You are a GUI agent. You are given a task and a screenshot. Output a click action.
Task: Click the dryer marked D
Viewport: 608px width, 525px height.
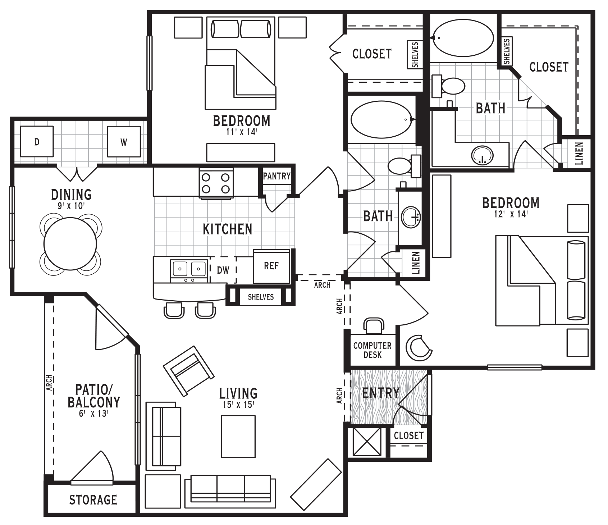pos(37,141)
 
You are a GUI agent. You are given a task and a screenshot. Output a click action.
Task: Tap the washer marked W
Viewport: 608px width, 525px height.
pos(124,141)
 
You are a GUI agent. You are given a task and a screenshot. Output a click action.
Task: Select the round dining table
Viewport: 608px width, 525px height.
pos(70,244)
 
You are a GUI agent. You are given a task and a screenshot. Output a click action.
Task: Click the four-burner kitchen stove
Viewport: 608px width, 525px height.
pos(216,183)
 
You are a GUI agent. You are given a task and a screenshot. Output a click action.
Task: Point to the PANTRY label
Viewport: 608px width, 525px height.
pos(276,176)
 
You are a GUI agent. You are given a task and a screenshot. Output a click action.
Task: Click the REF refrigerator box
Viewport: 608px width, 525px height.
pos(271,266)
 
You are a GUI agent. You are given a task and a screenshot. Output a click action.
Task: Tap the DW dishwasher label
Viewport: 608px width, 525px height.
pos(223,270)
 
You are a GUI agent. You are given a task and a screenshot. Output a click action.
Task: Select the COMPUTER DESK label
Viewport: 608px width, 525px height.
pos(372,350)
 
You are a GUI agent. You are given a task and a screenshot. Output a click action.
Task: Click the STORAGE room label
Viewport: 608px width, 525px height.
pos(93,499)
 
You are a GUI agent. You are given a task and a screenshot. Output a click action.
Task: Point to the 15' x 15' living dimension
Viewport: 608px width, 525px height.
pos(238,405)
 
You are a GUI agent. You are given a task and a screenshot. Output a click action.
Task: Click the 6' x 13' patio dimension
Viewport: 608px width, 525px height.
pos(93,413)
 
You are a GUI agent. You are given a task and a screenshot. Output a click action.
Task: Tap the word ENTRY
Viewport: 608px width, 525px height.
pos(381,393)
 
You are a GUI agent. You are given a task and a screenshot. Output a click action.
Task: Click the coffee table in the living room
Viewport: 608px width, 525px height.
pos(238,437)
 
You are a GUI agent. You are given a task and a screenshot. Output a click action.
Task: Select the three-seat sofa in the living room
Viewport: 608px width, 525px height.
pos(230,489)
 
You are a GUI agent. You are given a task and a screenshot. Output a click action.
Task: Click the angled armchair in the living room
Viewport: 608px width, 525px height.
pos(189,371)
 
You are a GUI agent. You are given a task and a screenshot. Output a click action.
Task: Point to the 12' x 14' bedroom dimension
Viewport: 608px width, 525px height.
pos(511,214)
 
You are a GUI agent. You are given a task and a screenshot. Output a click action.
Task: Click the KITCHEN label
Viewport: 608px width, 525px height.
pos(228,229)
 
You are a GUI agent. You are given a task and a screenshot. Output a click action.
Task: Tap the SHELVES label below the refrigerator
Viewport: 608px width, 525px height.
pos(261,297)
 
